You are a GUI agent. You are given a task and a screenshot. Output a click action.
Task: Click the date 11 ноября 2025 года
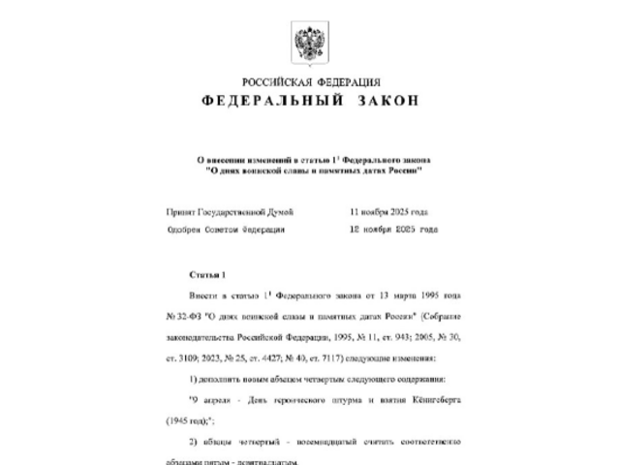388,211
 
